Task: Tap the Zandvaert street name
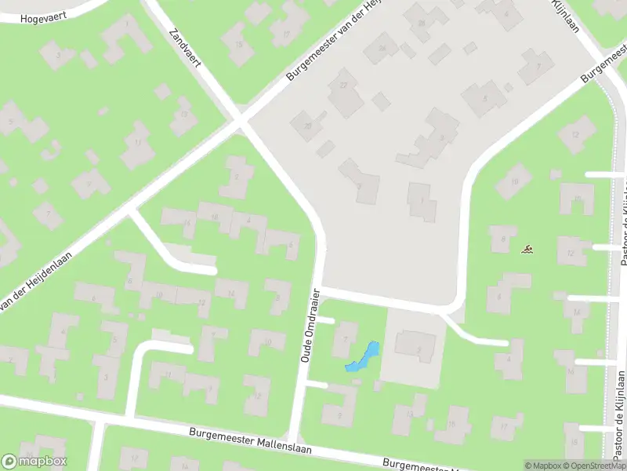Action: pos(186,49)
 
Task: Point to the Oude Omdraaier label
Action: pos(311,325)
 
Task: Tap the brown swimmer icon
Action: pos(528,250)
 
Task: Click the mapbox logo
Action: pos(34,462)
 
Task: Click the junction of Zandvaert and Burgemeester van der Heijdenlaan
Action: pos(240,122)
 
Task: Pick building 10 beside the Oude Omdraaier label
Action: pos(267,342)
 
